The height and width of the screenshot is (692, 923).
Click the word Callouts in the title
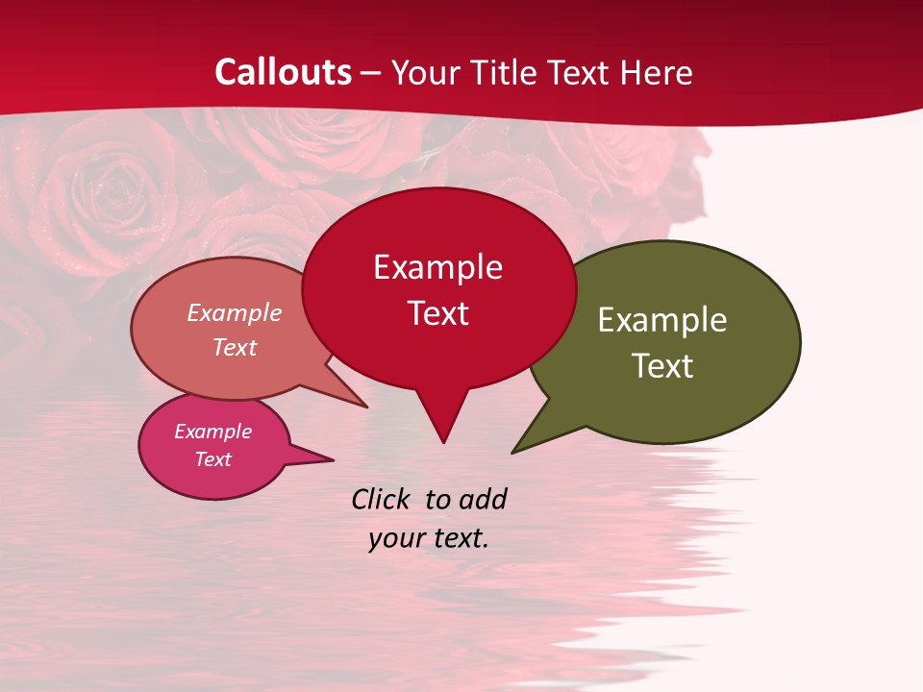coord(283,72)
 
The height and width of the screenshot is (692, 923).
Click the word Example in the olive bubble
coord(662,320)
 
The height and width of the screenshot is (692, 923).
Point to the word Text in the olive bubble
coord(663,366)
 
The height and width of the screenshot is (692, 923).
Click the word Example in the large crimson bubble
coord(437,267)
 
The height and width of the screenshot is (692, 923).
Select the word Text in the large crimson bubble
coord(438,313)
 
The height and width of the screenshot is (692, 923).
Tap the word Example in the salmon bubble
coord(234,313)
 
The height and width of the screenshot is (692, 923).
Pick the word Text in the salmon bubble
coord(235,347)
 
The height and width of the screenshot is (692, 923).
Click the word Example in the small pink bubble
coord(212,432)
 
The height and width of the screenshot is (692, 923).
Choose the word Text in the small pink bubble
coord(213,459)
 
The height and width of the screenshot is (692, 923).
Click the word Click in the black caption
coord(381,500)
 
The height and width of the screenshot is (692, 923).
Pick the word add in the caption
coord(483,500)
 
